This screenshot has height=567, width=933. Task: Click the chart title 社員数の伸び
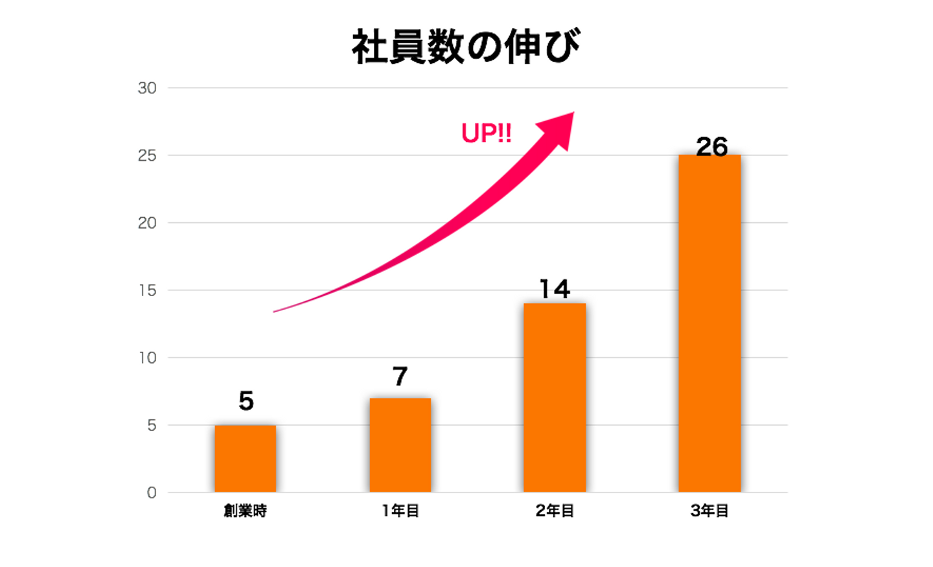(x=465, y=47)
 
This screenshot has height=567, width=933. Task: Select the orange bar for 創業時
(x=246, y=458)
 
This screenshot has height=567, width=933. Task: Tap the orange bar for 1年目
(x=400, y=445)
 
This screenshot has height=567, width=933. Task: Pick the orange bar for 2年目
(x=555, y=397)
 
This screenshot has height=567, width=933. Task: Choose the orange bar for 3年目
(x=709, y=323)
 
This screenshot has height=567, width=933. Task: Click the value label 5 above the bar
(x=246, y=401)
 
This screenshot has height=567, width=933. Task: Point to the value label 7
(x=400, y=376)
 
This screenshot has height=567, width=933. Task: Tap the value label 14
(x=555, y=289)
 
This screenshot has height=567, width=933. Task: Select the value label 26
(x=711, y=146)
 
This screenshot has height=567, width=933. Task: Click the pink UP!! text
(x=487, y=133)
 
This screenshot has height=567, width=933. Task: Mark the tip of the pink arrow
(x=573, y=113)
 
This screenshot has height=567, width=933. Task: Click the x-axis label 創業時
(x=246, y=511)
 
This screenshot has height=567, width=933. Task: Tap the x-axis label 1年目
(x=400, y=511)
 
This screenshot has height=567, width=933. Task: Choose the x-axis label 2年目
(x=555, y=511)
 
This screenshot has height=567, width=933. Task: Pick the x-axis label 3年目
(x=709, y=511)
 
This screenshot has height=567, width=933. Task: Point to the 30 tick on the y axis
(x=147, y=88)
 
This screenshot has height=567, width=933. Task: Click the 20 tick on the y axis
(x=147, y=223)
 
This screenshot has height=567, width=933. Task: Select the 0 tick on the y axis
(x=152, y=493)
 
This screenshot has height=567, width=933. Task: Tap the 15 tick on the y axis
(x=147, y=290)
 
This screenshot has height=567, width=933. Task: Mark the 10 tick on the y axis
(x=147, y=358)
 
